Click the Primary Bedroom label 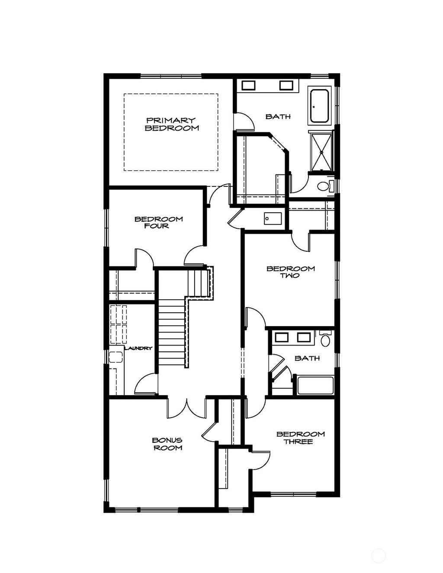click(171, 124)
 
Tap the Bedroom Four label click(158, 222)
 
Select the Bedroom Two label click(290, 272)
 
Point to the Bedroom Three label click(300, 438)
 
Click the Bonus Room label click(167, 444)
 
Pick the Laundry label click(138, 348)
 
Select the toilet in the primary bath click(324, 186)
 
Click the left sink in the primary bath click(248, 85)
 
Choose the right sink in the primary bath click(286, 85)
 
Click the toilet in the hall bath click(325, 339)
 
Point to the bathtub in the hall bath click(315, 385)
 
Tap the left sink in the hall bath click(282, 337)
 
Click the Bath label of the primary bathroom click(278, 116)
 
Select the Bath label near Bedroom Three click(307, 358)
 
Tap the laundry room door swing click(146, 384)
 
